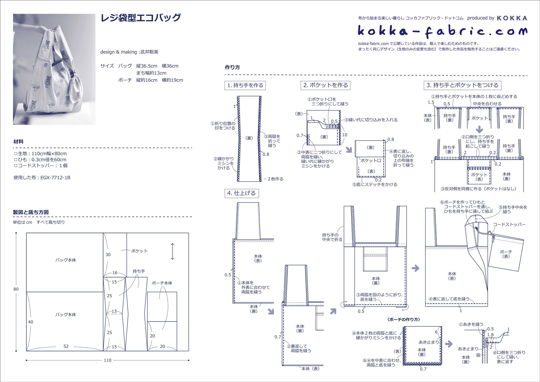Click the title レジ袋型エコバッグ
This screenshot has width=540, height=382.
click(x=140, y=18)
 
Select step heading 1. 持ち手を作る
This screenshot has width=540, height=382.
click(x=245, y=85)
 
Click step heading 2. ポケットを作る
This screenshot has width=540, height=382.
click(x=326, y=85)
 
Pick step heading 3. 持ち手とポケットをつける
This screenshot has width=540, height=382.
click(x=462, y=85)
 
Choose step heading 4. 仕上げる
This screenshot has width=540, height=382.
click(x=241, y=193)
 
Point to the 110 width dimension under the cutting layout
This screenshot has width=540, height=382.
click(x=107, y=360)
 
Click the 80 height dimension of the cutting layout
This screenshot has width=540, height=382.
click(x=16, y=289)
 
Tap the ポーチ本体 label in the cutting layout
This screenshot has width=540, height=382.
click(x=162, y=283)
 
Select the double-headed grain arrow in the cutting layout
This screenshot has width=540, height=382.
click(x=172, y=251)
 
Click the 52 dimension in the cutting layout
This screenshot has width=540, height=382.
click(x=66, y=346)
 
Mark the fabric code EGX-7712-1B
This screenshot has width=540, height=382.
click(x=55, y=178)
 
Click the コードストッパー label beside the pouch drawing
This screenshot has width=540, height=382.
click(x=509, y=224)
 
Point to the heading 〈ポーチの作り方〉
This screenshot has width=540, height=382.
click(x=404, y=319)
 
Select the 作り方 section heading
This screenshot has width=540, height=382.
click(x=232, y=67)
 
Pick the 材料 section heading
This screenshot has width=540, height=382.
click(x=18, y=141)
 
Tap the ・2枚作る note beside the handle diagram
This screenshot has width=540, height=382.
click(x=274, y=179)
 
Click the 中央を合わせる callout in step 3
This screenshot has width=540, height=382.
click(x=487, y=104)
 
